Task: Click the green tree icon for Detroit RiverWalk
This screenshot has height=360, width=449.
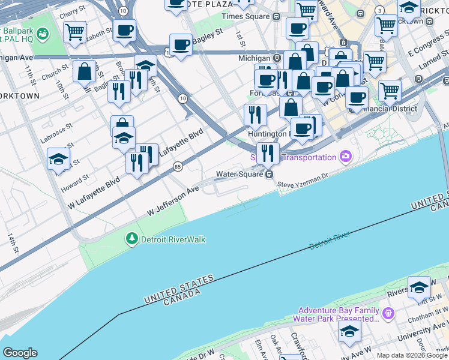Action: click(x=131, y=239)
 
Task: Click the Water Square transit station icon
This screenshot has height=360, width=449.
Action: click(x=270, y=174)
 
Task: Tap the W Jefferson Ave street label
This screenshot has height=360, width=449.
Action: click(x=173, y=201)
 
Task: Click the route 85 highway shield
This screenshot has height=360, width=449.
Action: click(x=177, y=166)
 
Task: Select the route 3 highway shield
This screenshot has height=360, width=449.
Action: click(x=379, y=11)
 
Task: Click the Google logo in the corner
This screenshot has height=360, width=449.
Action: click(x=20, y=353)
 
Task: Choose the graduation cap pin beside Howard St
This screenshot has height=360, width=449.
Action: click(x=59, y=158)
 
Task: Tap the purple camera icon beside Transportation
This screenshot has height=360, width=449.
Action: click(x=345, y=157)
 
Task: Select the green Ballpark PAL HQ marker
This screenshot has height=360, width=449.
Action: click(x=43, y=34)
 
